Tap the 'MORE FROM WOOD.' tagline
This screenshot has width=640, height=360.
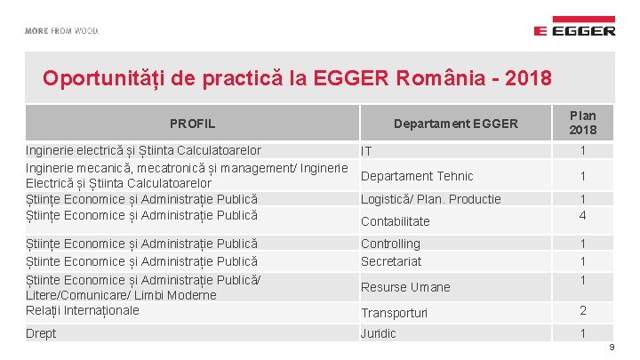click(x=62, y=30)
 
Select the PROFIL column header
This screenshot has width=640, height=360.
click(x=192, y=124)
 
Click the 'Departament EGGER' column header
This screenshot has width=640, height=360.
click(x=455, y=124)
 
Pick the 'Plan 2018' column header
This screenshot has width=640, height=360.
click(x=583, y=123)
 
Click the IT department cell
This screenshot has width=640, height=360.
click(x=366, y=153)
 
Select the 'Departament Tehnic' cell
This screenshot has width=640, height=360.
click(x=417, y=176)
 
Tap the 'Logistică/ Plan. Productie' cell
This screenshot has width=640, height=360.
click(x=430, y=199)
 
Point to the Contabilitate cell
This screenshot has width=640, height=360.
click(x=395, y=221)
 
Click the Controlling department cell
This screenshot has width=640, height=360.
click(x=390, y=244)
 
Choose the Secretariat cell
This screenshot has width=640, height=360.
click(x=391, y=261)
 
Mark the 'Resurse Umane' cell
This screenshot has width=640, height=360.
click(x=405, y=287)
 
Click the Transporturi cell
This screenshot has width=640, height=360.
click(x=394, y=313)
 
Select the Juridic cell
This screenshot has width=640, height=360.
click(x=379, y=333)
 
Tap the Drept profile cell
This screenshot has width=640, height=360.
click(x=41, y=333)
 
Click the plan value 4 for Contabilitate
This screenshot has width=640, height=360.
click(x=583, y=215)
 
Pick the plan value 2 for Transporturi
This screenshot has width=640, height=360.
click(x=583, y=310)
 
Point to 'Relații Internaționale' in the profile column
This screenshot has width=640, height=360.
click(x=83, y=310)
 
